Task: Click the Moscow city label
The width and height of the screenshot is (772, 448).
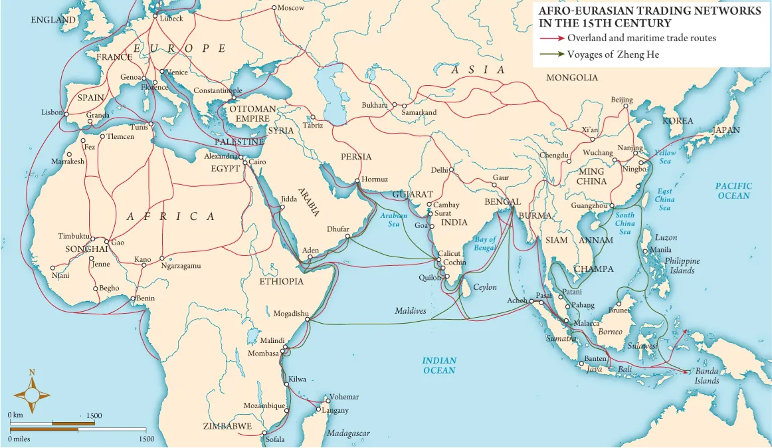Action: click(290, 8)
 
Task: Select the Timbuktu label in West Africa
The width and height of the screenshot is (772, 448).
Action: click(73, 237)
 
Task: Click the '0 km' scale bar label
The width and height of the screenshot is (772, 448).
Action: click(15, 415)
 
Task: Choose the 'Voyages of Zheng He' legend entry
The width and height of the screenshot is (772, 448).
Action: click(613, 55)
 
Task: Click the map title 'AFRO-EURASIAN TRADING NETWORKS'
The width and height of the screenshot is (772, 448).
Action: click(650, 11)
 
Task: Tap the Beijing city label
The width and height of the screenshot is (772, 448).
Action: click(622, 100)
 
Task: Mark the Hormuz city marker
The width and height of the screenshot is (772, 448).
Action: click(357, 180)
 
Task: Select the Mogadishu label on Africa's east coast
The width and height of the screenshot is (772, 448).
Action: click(291, 313)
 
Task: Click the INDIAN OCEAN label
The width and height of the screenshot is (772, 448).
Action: click(439, 365)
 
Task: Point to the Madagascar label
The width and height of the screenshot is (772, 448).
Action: click(348, 433)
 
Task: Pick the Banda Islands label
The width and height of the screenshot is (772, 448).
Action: click(707, 376)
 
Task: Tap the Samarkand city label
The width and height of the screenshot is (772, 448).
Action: click(419, 112)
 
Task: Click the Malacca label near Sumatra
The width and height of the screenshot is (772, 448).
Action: click(587, 323)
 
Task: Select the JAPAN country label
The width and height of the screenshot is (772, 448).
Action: click(725, 130)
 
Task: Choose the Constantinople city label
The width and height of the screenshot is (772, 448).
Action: click(218, 90)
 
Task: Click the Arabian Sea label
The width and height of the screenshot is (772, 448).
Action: click(393, 220)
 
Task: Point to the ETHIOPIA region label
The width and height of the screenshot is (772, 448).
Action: click(281, 281)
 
